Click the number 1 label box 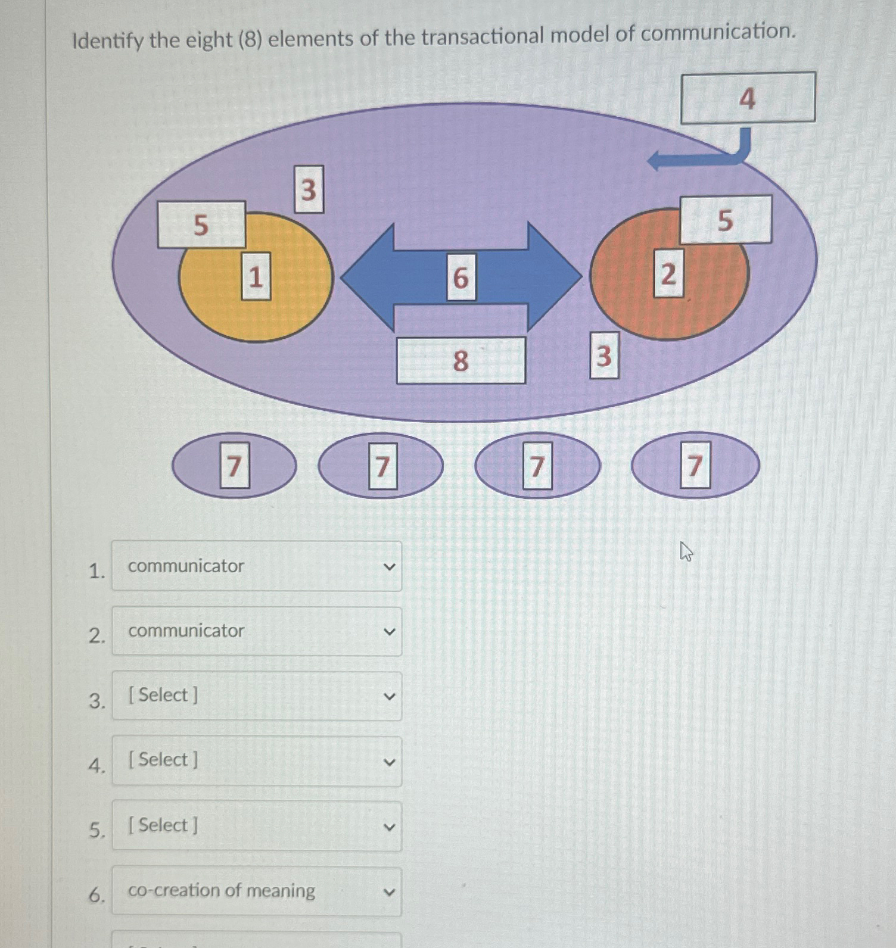click(x=256, y=276)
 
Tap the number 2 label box click(x=668, y=274)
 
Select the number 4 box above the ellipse click(x=748, y=98)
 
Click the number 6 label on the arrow click(x=461, y=277)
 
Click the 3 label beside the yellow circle click(x=309, y=189)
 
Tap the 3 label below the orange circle click(x=603, y=355)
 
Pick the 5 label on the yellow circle click(x=201, y=224)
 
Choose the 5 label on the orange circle click(x=725, y=220)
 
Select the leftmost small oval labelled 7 click(x=234, y=465)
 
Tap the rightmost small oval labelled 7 click(x=695, y=465)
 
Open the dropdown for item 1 click(x=256, y=566)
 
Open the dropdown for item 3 click(x=256, y=696)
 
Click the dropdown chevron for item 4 click(x=389, y=762)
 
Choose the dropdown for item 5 click(x=256, y=826)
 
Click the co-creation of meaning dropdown click(x=256, y=891)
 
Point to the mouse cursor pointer click(x=686, y=551)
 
